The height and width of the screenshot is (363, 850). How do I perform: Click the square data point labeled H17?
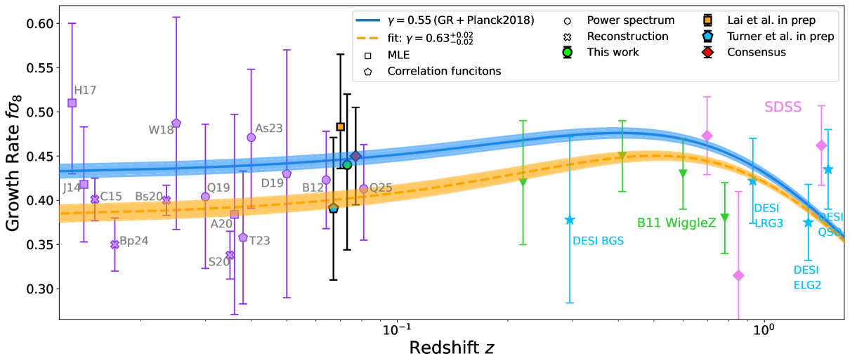pyautogui.click(x=72, y=103)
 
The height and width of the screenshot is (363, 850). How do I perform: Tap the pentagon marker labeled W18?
pyautogui.click(x=176, y=123)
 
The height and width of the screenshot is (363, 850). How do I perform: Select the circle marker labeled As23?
pyautogui.click(x=251, y=138)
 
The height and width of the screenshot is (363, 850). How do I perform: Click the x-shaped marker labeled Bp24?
pyautogui.click(x=115, y=244)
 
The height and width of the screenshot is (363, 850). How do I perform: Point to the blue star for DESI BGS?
pyautogui.click(x=570, y=220)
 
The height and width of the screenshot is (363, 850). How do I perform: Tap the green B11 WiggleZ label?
pyautogui.click(x=676, y=223)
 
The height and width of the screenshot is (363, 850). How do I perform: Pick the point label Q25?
pyautogui.click(x=381, y=187)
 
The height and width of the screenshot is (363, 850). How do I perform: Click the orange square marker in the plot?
pyautogui.click(x=340, y=126)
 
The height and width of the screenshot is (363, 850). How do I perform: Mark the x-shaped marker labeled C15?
pyautogui.click(x=95, y=199)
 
